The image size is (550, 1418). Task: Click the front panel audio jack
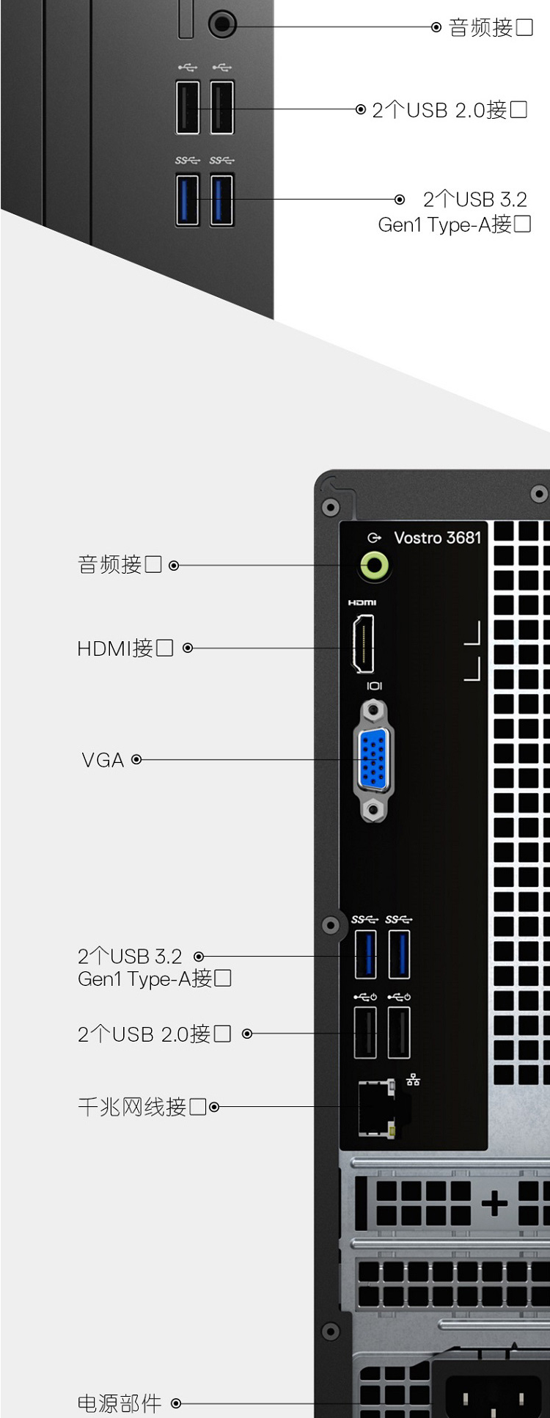point(222,24)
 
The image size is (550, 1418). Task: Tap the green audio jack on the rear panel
point(374,566)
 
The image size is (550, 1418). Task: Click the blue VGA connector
point(373,760)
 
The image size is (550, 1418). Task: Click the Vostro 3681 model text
point(437,538)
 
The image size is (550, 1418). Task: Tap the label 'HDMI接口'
point(125,648)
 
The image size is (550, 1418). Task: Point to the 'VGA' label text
point(103,760)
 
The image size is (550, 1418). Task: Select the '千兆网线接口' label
point(142,1107)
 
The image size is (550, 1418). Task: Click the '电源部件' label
point(120,1403)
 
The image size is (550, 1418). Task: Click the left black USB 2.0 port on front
point(188,108)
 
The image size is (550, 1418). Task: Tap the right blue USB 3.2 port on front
point(221,199)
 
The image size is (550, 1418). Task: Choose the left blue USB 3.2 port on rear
point(365,954)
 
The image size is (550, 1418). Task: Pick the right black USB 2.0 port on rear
point(399,1032)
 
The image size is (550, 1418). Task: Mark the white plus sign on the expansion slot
point(494,1202)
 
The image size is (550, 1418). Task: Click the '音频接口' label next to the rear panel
point(120,565)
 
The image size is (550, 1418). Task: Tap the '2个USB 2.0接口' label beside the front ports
point(449,110)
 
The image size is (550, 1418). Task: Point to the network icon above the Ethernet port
point(414,1079)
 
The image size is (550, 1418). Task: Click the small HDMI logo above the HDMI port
point(362,602)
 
